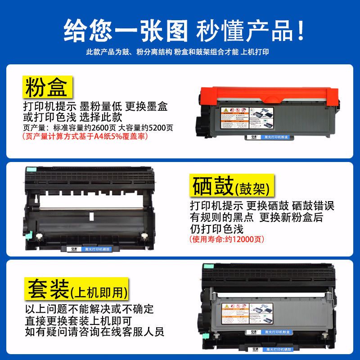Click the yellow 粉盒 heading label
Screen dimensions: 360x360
(x=46, y=87)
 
